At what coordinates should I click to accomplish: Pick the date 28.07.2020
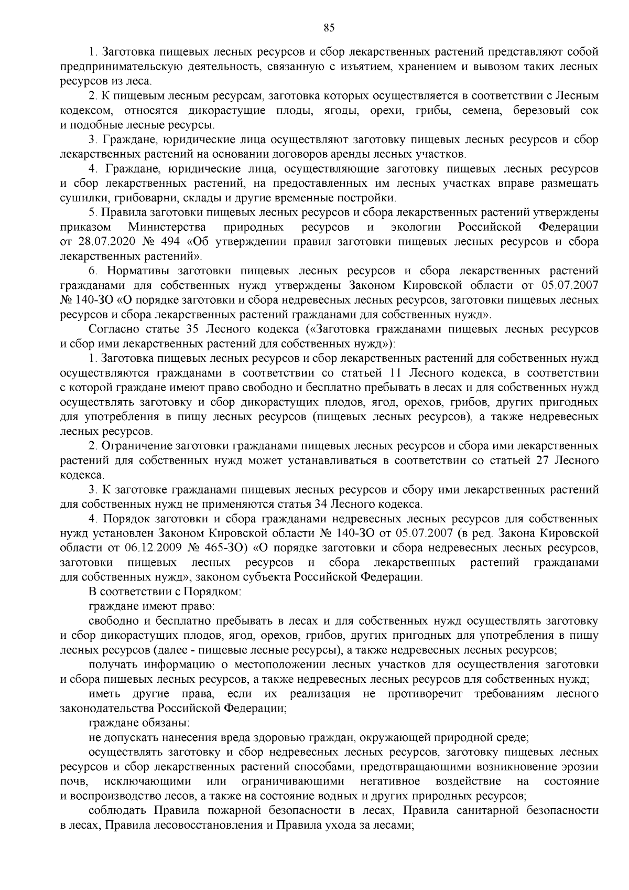99,242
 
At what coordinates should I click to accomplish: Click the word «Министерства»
166,227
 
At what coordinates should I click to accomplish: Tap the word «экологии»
416,227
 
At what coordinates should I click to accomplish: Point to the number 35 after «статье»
191,329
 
